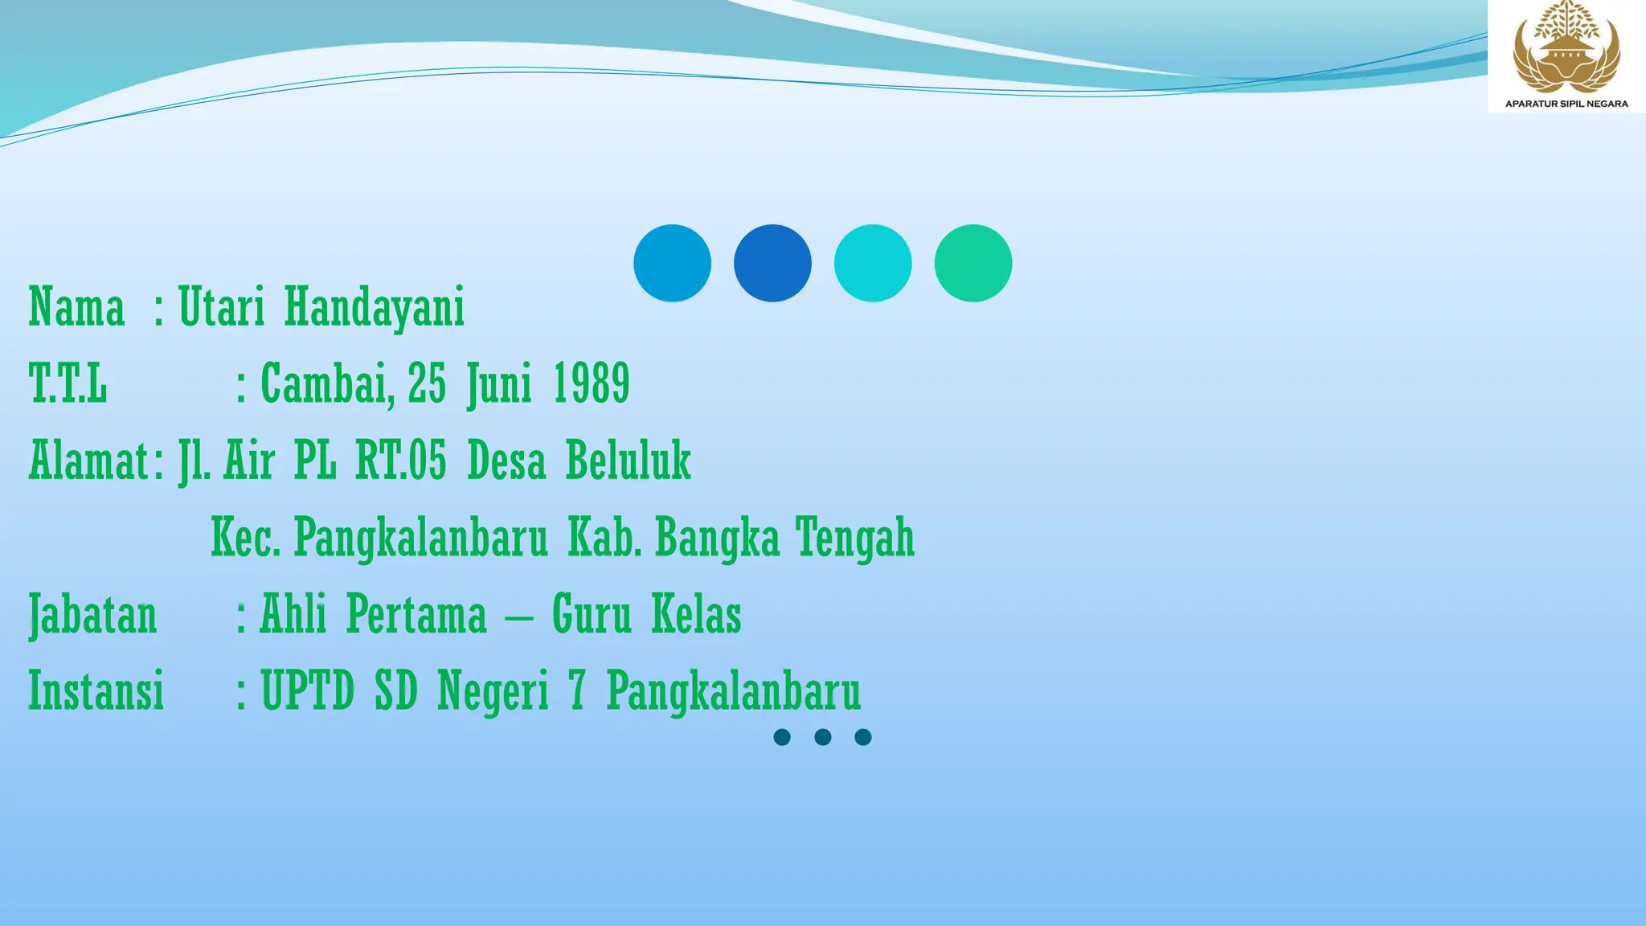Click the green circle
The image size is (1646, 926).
click(x=972, y=263)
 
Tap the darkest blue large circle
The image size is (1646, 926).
click(x=772, y=263)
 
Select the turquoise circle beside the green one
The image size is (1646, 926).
click(x=873, y=263)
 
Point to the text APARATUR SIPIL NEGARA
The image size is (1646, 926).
click(x=1566, y=104)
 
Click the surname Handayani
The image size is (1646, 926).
click(x=374, y=308)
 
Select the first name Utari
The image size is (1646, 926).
click(x=221, y=306)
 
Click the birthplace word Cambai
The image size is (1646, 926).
click(x=326, y=383)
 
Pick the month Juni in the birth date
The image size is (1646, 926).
click(x=499, y=384)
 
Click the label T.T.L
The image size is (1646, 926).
click(x=68, y=383)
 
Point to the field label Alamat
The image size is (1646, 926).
click(x=89, y=461)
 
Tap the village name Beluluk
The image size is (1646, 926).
click(x=628, y=461)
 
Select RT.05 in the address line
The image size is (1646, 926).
click(x=400, y=461)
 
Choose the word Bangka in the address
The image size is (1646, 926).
click(x=717, y=538)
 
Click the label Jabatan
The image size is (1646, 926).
click(x=93, y=615)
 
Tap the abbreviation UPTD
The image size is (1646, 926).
click(x=307, y=690)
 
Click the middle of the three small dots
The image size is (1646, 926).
click(x=822, y=737)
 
